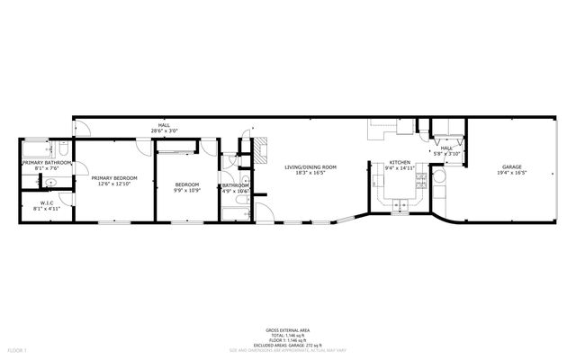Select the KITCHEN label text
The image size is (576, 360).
tap(400, 163)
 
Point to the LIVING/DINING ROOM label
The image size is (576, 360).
tap(310, 167)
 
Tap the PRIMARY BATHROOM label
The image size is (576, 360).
tap(45, 163)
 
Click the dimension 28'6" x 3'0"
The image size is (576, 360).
tap(164, 131)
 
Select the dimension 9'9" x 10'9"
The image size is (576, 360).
tap(187, 190)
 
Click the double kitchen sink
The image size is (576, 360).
tap(397, 206)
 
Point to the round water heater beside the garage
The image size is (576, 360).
tap(440, 189)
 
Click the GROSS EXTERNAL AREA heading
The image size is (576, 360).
tap(288, 329)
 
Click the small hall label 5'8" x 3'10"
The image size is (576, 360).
tap(446, 154)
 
